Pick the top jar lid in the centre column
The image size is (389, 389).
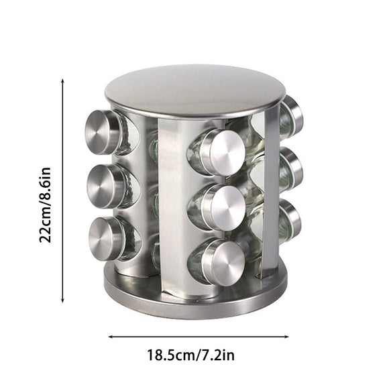[221, 150]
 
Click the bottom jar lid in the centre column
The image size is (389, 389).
[223, 260]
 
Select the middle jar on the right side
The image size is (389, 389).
[293, 164]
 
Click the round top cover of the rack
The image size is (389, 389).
[194, 91]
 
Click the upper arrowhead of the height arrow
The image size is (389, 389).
[62, 81]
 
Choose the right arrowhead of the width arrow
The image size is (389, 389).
[286, 338]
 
